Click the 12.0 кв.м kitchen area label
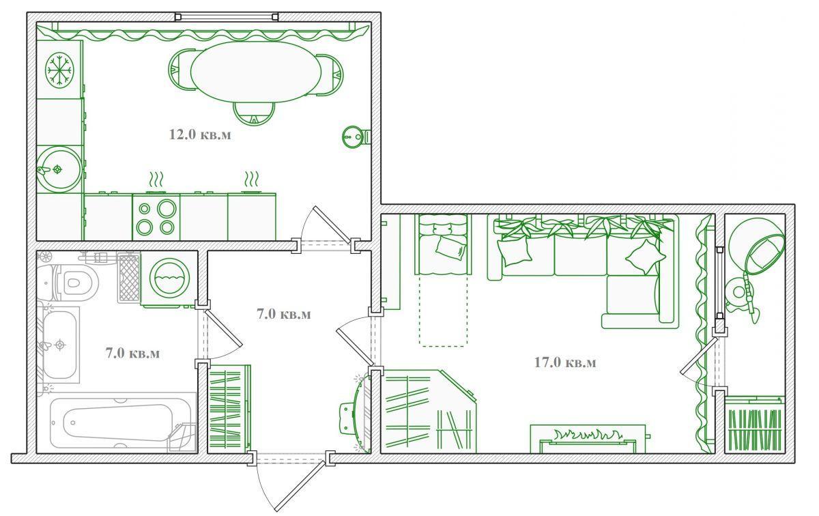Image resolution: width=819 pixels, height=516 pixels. click(x=200, y=134)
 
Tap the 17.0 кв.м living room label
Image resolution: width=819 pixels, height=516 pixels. click(x=565, y=362)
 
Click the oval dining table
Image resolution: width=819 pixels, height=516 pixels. click(x=256, y=72)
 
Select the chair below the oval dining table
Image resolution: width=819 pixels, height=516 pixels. click(x=254, y=113)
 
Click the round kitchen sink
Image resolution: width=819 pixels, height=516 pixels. click(x=59, y=169)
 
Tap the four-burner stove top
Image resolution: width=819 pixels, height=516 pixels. click(x=156, y=218)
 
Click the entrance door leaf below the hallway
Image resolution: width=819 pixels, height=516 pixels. click(x=300, y=487)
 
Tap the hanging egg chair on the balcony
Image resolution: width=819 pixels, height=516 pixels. click(x=756, y=247)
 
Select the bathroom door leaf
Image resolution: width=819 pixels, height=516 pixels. click(x=223, y=329)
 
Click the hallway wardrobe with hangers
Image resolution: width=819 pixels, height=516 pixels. click(x=229, y=410)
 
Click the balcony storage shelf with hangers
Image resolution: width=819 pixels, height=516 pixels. click(x=755, y=425)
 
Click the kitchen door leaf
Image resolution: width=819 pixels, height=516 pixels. click(x=332, y=225)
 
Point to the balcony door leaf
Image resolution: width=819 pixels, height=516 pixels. click(x=699, y=356)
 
